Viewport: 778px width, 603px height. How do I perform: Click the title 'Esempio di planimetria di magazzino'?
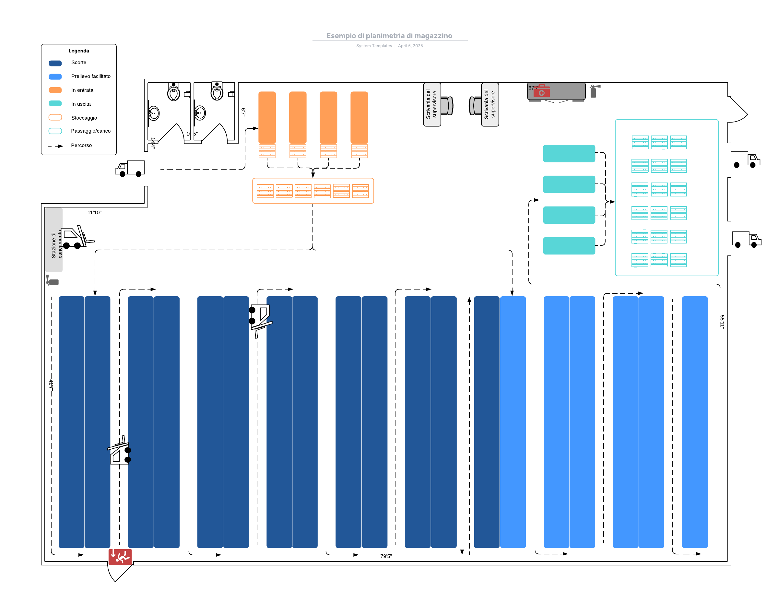point(389,36)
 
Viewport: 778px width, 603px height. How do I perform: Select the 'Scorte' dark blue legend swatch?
point(55,63)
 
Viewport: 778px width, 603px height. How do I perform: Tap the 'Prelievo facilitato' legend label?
point(90,76)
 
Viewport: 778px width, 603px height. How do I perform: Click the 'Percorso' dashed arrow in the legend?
point(55,146)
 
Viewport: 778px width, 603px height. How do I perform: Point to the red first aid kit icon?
point(541,91)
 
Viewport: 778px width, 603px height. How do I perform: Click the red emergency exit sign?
point(120,557)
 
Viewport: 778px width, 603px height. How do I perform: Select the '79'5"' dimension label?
point(386,556)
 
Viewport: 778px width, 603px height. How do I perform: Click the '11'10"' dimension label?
point(94,213)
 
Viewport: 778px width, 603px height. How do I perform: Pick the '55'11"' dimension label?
point(722,322)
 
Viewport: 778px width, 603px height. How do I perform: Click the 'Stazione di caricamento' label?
point(56,245)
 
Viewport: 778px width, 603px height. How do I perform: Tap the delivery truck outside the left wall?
point(130,169)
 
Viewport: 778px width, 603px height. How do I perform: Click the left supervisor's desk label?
point(431,104)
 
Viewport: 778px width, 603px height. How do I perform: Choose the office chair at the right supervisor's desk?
point(475,106)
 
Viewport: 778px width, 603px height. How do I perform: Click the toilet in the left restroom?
point(173,92)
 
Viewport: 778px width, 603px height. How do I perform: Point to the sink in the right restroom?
point(199,113)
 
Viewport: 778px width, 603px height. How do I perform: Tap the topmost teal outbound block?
point(569,154)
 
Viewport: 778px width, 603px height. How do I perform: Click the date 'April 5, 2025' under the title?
point(410,46)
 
